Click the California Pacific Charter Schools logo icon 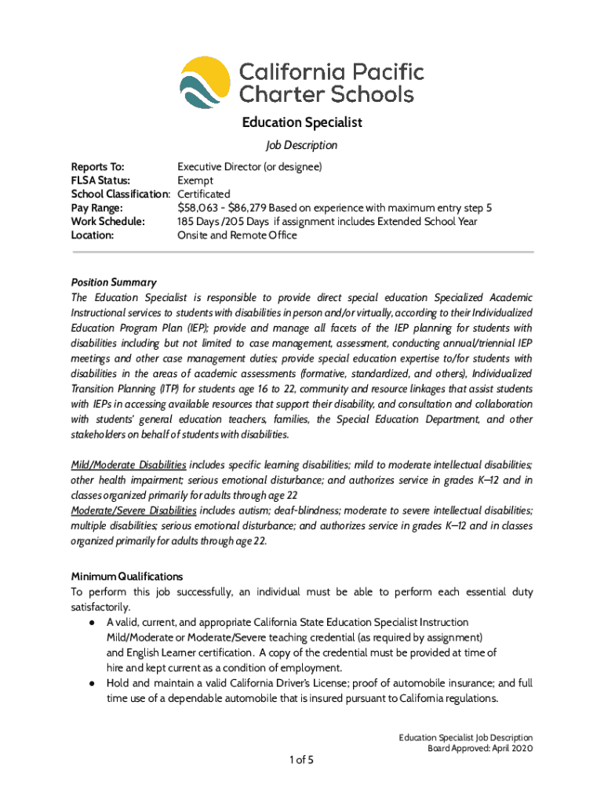click(206, 85)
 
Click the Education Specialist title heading click(301, 122)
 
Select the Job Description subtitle click(301, 145)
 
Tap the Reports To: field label click(97, 167)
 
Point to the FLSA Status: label click(100, 180)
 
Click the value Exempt click(195, 180)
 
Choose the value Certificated click(204, 194)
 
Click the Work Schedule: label click(108, 221)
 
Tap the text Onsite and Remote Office click(237, 234)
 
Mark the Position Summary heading click(114, 282)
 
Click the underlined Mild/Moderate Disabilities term click(129, 465)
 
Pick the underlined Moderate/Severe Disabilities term click(132, 510)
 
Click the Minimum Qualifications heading click(127, 576)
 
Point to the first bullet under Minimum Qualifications click(92, 623)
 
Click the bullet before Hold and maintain click(92, 684)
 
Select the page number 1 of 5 click(301, 759)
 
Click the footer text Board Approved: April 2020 click(479, 749)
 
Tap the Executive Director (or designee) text click(249, 167)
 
